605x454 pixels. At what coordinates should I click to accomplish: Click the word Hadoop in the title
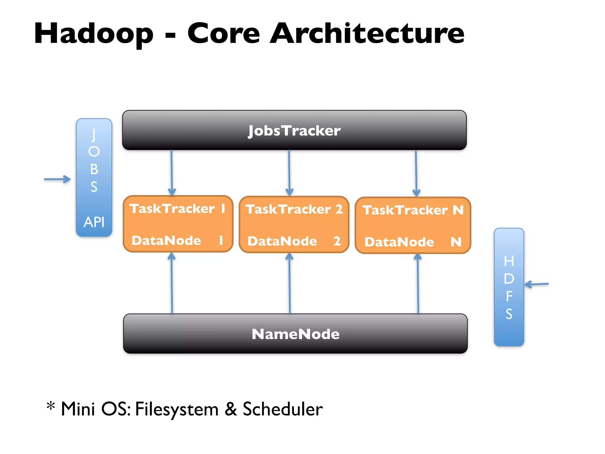[x=94, y=34]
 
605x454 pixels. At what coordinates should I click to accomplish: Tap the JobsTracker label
[x=294, y=130]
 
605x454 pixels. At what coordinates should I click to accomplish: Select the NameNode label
[x=295, y=334]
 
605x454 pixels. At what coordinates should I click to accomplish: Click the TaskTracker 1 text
[x=177, y=208]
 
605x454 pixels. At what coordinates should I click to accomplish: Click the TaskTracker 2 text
[x=294, y=209]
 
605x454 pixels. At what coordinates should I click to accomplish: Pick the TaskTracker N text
[x=413, y=210]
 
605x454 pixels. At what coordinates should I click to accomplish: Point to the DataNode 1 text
[x=177, y=240]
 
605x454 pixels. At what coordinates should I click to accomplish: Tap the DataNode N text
[x=413, y=242]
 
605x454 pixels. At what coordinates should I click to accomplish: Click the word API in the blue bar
[x=94, y=222]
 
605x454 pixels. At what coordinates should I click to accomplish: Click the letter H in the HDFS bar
[x=509, y=261]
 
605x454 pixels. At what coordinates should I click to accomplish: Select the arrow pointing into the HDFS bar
[x=536, y=284]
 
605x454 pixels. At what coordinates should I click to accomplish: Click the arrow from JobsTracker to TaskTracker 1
[x=172, y=173]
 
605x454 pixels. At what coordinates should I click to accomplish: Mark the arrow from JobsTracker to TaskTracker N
[x=416, y=174]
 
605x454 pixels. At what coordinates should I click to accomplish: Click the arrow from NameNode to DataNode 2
[x=290, y=284]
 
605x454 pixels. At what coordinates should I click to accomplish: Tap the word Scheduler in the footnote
[x=283, y=409]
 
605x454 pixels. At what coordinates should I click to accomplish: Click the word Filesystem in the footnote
[x=177, y=409]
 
